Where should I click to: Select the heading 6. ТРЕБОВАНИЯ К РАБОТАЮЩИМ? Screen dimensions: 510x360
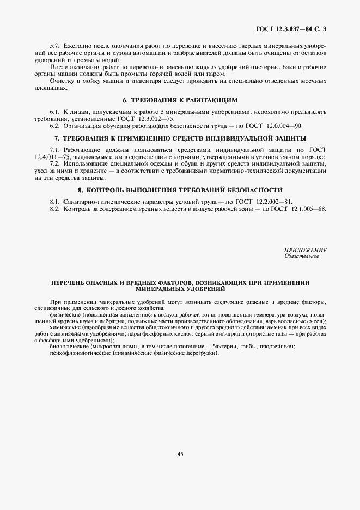click(180, 101)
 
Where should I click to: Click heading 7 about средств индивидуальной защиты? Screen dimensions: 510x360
click(180, 138)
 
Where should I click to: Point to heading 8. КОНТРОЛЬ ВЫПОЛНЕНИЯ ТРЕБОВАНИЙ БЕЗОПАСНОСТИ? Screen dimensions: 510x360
click(180, 190)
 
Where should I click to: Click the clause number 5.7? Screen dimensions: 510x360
click(54, 45)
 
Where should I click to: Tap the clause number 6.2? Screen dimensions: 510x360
click(54, 125)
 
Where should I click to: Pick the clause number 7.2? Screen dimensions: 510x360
click(54, 163)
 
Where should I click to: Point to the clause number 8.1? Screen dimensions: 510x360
click(54, 201)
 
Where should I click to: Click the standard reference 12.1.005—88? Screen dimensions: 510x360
click(306, 208)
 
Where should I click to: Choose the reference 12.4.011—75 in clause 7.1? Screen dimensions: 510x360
click(52, 156)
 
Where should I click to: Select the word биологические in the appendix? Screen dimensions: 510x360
click(69, 347)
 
